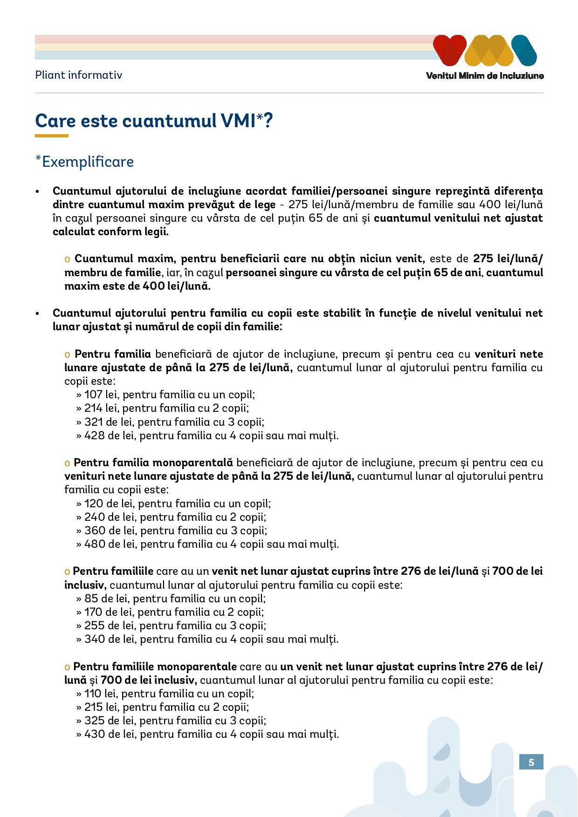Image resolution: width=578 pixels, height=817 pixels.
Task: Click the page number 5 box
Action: click(531, 763)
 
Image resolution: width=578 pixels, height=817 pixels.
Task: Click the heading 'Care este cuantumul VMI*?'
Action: click(154, 121)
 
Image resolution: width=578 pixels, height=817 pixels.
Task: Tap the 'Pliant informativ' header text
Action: click(78, 75)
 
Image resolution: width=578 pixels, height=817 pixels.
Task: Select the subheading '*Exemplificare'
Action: click(85, 162)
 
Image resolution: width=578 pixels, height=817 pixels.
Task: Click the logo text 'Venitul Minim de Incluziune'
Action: click(485, 76)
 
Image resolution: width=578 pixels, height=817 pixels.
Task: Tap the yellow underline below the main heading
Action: click(52, 136)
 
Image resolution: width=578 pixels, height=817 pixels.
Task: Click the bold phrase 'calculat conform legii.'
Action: click(110, 232)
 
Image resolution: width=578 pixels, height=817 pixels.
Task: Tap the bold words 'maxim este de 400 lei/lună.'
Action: click(138, 286)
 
